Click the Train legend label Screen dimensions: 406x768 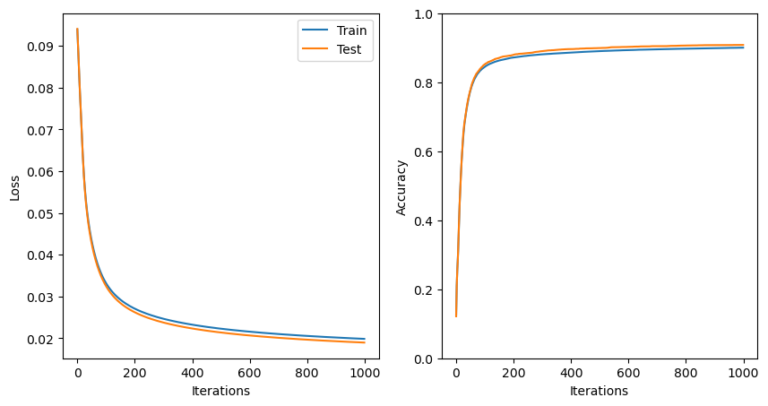coord(351,30)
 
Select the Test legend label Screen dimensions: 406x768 coord(349,50)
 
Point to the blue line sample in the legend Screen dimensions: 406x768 coord(315,30)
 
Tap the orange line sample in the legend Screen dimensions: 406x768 coord(315,50)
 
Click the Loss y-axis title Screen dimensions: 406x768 coord(15,186)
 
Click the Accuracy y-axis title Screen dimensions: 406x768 coord(401,186)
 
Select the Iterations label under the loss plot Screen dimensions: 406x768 coord(220,391)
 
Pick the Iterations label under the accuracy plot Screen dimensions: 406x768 coord(600,391)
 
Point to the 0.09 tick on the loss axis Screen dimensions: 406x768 coord(43,47)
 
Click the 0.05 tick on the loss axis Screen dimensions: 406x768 coord(43,213)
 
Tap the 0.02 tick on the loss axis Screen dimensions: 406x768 coord(43,339)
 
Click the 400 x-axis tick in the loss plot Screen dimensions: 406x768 coord(192,372)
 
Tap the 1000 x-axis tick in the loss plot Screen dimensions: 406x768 coord(365,372)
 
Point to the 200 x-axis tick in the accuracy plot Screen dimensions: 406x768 coord(513,372)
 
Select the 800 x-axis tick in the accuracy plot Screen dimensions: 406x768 coord(686,372)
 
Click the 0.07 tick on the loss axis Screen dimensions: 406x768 coord(43,130)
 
